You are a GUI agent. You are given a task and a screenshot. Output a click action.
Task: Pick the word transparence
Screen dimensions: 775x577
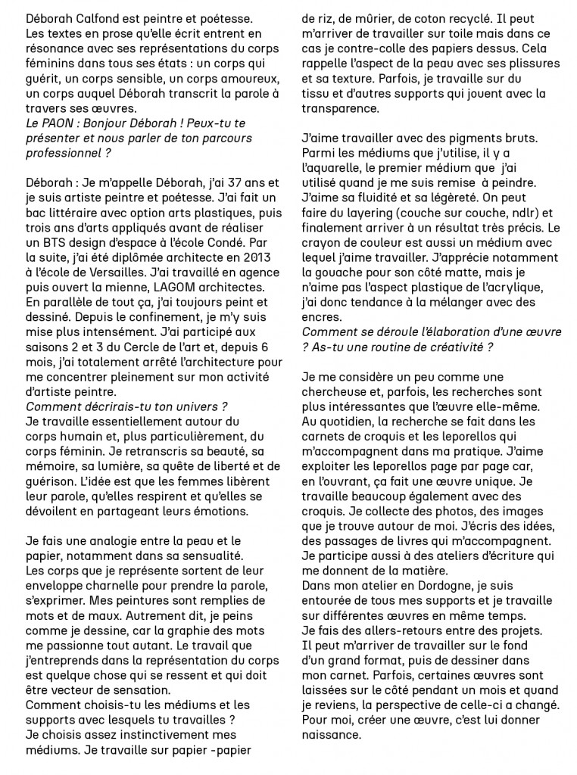[341, 108]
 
